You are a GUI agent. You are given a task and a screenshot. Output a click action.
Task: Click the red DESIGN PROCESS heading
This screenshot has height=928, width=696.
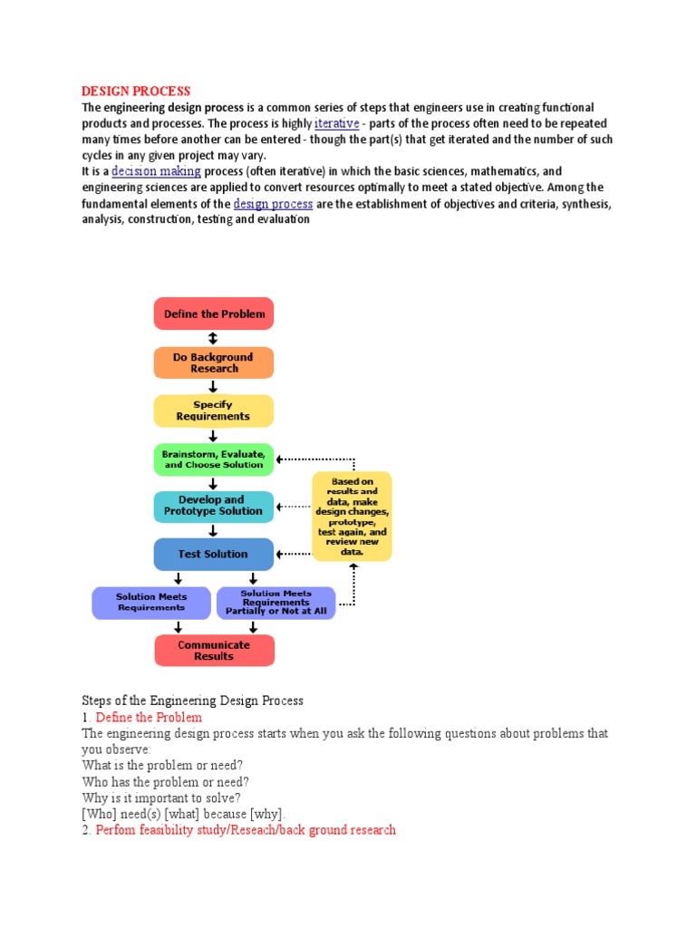[136, 91]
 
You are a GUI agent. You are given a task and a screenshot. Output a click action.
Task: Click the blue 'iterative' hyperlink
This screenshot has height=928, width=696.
[336, 123]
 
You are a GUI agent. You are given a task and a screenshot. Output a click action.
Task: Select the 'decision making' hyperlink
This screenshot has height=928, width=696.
[156, 171]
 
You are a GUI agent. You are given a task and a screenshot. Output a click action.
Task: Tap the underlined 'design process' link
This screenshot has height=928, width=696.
[273, 204]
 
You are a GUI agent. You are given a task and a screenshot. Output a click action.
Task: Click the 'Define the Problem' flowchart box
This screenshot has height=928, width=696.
[214, 314]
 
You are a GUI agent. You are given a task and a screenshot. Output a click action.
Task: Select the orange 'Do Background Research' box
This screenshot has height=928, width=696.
[214, 362]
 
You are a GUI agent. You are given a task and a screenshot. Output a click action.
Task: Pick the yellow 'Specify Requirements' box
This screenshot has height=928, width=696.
[214, 411]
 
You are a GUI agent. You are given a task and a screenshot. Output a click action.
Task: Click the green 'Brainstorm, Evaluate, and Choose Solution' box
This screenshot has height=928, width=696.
[214, 459]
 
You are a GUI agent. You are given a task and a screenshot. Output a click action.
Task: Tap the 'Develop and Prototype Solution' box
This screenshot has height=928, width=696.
[214, 506]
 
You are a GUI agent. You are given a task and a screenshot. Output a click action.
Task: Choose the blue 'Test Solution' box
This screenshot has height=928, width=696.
[214, 554]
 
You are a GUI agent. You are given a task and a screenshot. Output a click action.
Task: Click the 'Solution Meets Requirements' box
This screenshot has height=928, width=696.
[151, 603]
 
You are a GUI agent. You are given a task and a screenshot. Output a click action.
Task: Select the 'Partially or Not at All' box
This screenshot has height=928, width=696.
[275, 603]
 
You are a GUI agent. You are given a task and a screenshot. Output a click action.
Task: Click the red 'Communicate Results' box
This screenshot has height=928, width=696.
[214, 651]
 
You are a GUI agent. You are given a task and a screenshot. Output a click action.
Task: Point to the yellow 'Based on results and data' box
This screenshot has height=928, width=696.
[352, 516]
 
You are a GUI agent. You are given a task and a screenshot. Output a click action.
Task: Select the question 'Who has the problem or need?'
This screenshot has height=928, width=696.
[165, 781]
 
